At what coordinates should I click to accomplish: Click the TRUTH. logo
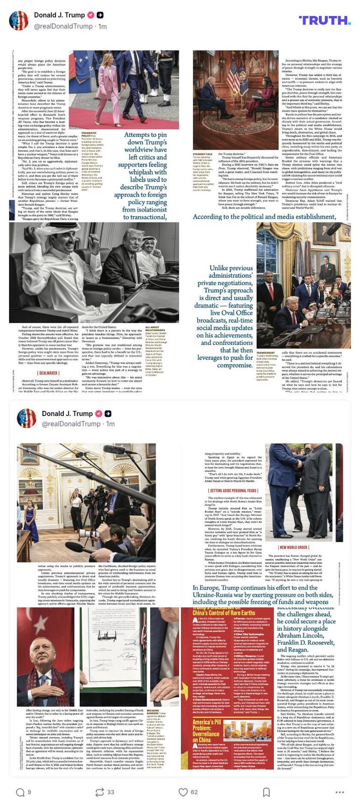click(324, 20)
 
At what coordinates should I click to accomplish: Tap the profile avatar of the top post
click(19, 21)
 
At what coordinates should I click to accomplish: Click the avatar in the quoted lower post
click(27, 418)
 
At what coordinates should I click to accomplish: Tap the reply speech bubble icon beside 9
click(20, 792)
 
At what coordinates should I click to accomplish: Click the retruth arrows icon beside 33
click(99, 792)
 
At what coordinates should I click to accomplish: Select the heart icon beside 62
click(183, 792)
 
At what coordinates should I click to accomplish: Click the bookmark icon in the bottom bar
click(266, 792)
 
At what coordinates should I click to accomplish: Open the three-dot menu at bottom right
click(339, 792)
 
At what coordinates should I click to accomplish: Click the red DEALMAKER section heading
click(48, 373)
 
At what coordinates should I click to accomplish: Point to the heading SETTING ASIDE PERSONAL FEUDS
click(233, 491)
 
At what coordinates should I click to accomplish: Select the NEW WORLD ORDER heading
click(294, 547)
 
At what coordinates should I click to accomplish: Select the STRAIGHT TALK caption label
click(202, 154)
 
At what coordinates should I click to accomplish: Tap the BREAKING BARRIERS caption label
click(153, 712)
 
